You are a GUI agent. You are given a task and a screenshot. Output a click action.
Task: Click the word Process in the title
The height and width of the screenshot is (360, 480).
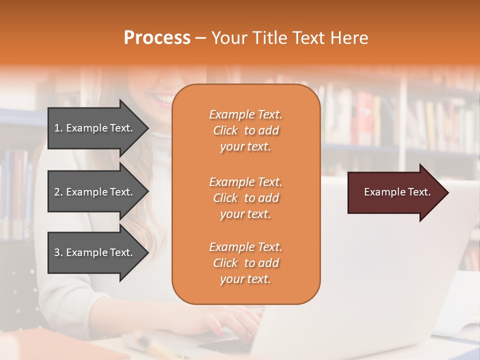pyautogui.click(x=157, y=38)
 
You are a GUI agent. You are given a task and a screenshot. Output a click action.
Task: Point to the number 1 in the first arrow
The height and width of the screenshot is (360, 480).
pyautogui.click(x=57, y=128)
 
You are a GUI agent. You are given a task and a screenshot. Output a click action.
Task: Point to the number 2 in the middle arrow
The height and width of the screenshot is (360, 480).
pyautogui.click(x=57, y=192)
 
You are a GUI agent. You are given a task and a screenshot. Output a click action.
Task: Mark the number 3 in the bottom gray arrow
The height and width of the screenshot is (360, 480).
pyautogui.click(x=57, y=252)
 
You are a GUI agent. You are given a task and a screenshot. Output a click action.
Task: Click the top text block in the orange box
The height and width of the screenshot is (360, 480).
pyautogui.click(x=245, y=130)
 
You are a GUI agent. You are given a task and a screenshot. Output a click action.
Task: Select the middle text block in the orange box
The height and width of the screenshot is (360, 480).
pyautogui.click(x=245, y=198)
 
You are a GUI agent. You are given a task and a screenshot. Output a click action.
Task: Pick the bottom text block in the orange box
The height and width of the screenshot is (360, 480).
pyautogui.click(x=245, y=263)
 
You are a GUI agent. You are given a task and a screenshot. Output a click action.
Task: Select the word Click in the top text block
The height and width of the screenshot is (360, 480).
pyautogui.click(x=225, y=130)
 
